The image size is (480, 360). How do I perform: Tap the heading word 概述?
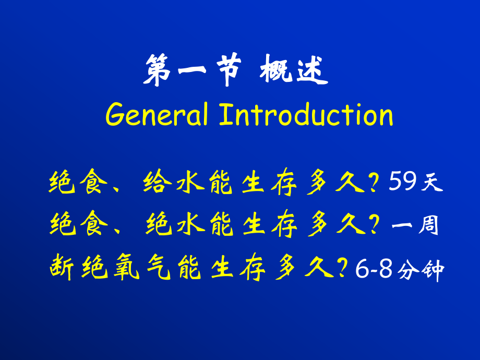tap(294, 72)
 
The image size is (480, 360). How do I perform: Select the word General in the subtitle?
tap(157, 115)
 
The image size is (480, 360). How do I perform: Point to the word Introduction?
tap(306, 115)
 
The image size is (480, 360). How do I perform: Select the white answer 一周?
tap(415, 226)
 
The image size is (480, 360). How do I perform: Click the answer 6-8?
tap(373, 270)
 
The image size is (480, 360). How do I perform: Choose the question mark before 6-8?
tap(342, 269)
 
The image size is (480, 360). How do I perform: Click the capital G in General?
tap(115, 115)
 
